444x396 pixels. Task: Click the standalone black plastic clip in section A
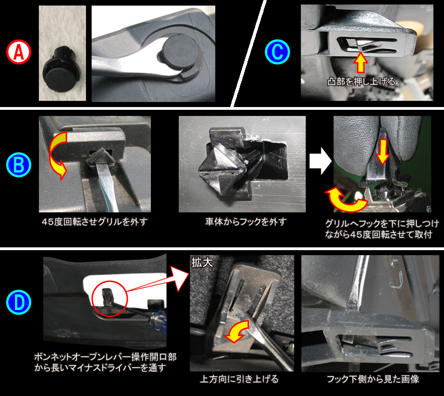[60, 62]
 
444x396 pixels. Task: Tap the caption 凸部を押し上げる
[361, 81]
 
